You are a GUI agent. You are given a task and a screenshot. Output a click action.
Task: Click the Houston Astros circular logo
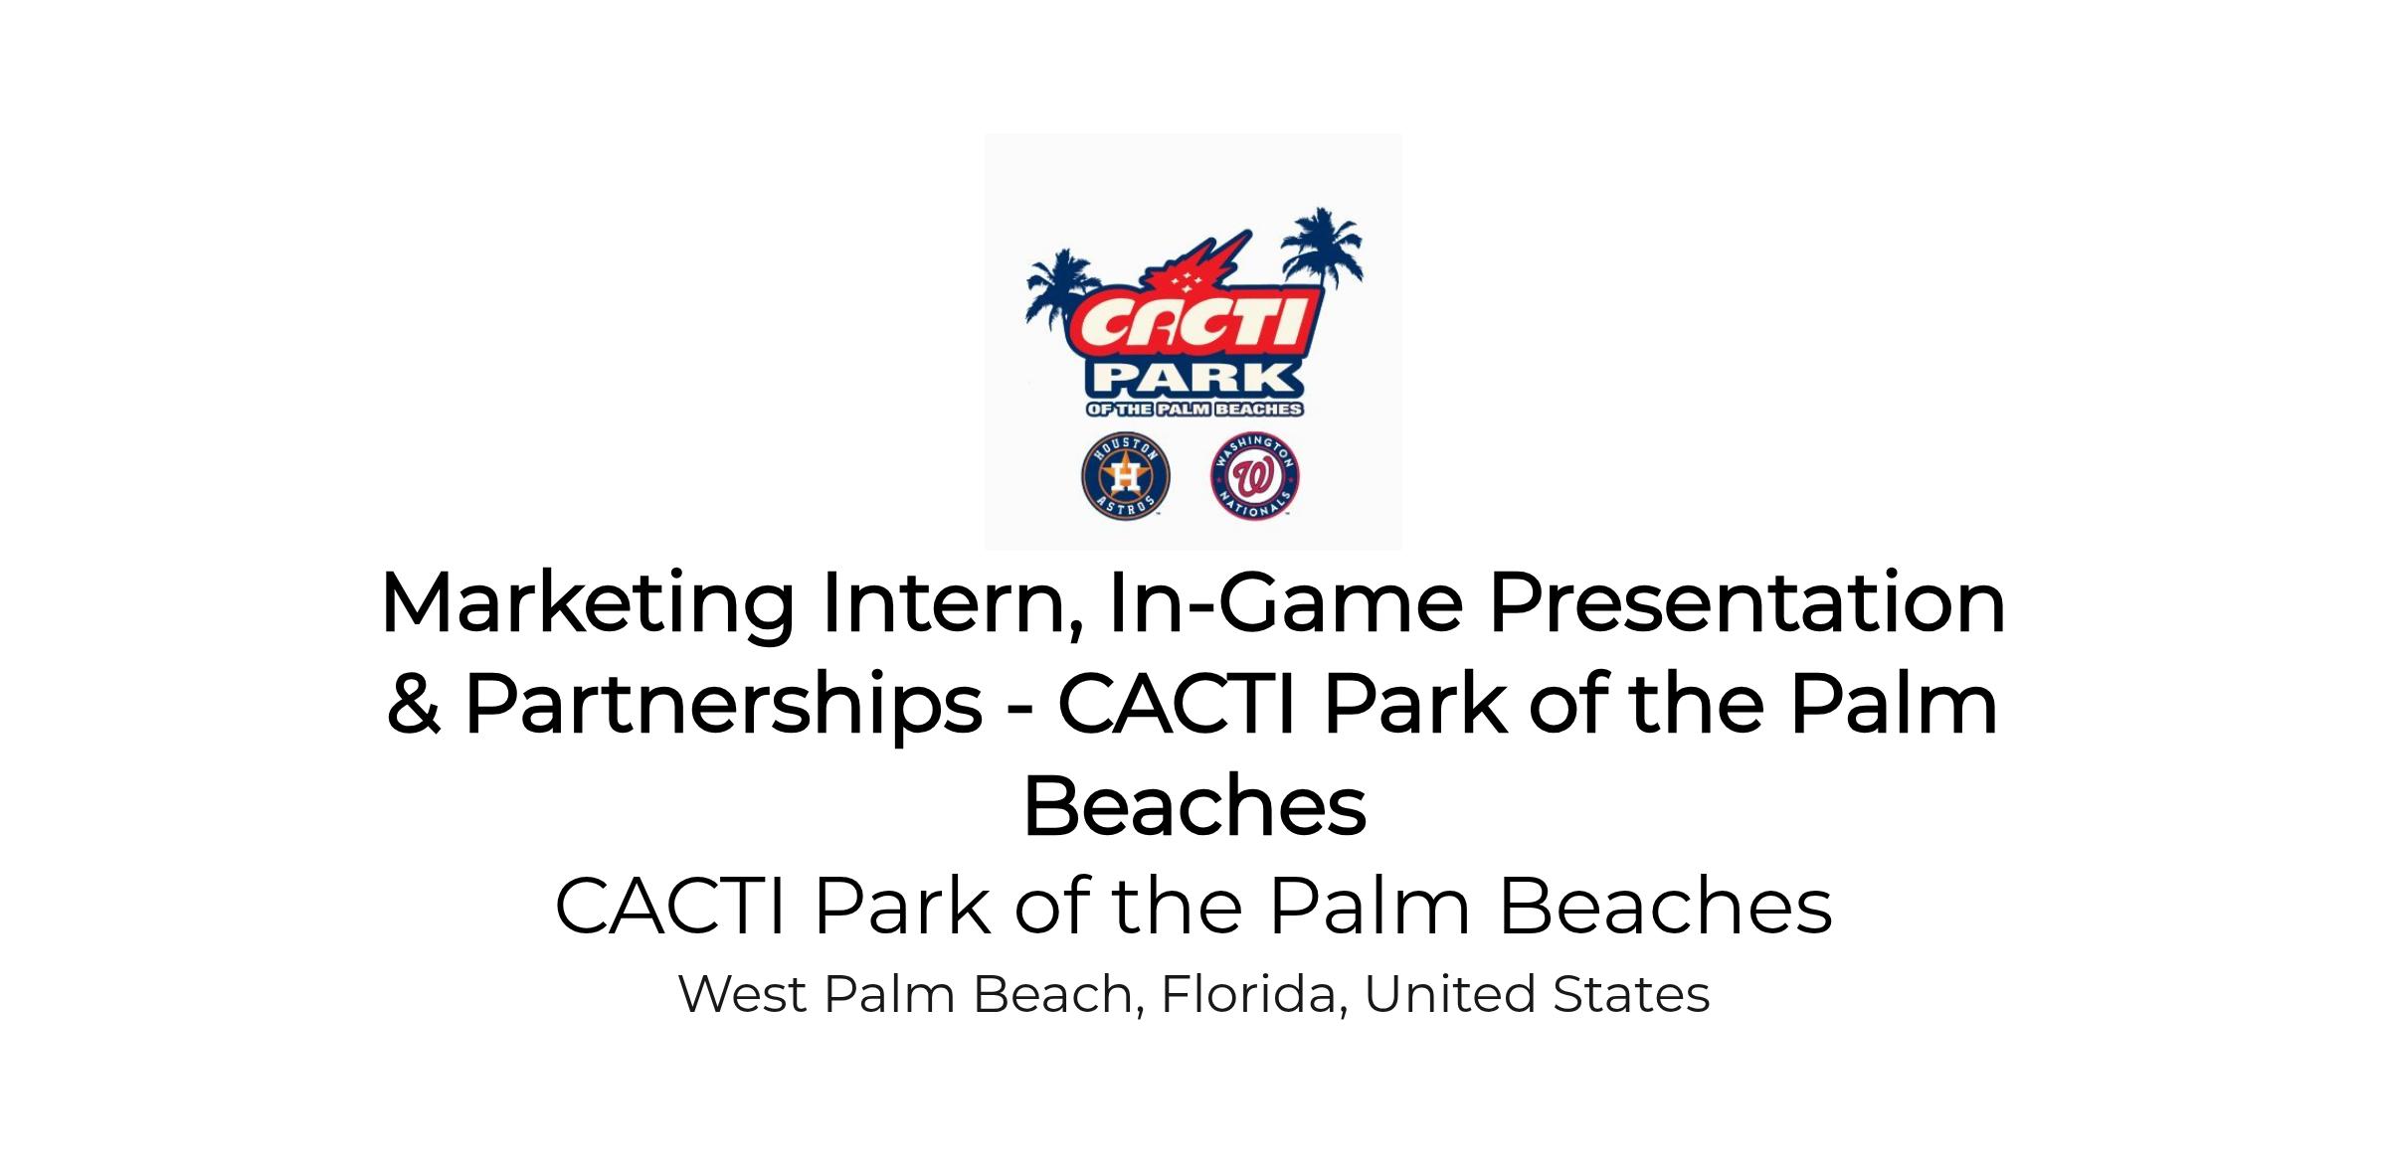pos(1125,475)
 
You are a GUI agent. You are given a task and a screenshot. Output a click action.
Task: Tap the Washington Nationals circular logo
pos(1255,475)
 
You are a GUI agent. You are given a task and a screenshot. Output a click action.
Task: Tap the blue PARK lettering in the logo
pos(1193,380)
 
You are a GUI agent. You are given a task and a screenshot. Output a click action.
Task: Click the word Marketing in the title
pos(587,604)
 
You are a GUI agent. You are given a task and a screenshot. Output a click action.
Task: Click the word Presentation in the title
pos(1746,602)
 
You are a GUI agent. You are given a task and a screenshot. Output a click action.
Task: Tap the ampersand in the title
pos(414,704)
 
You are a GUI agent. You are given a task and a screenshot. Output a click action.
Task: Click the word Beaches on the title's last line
pos(1194,805)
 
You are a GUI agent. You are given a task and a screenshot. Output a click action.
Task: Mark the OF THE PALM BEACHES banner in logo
pos(1193,409)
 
